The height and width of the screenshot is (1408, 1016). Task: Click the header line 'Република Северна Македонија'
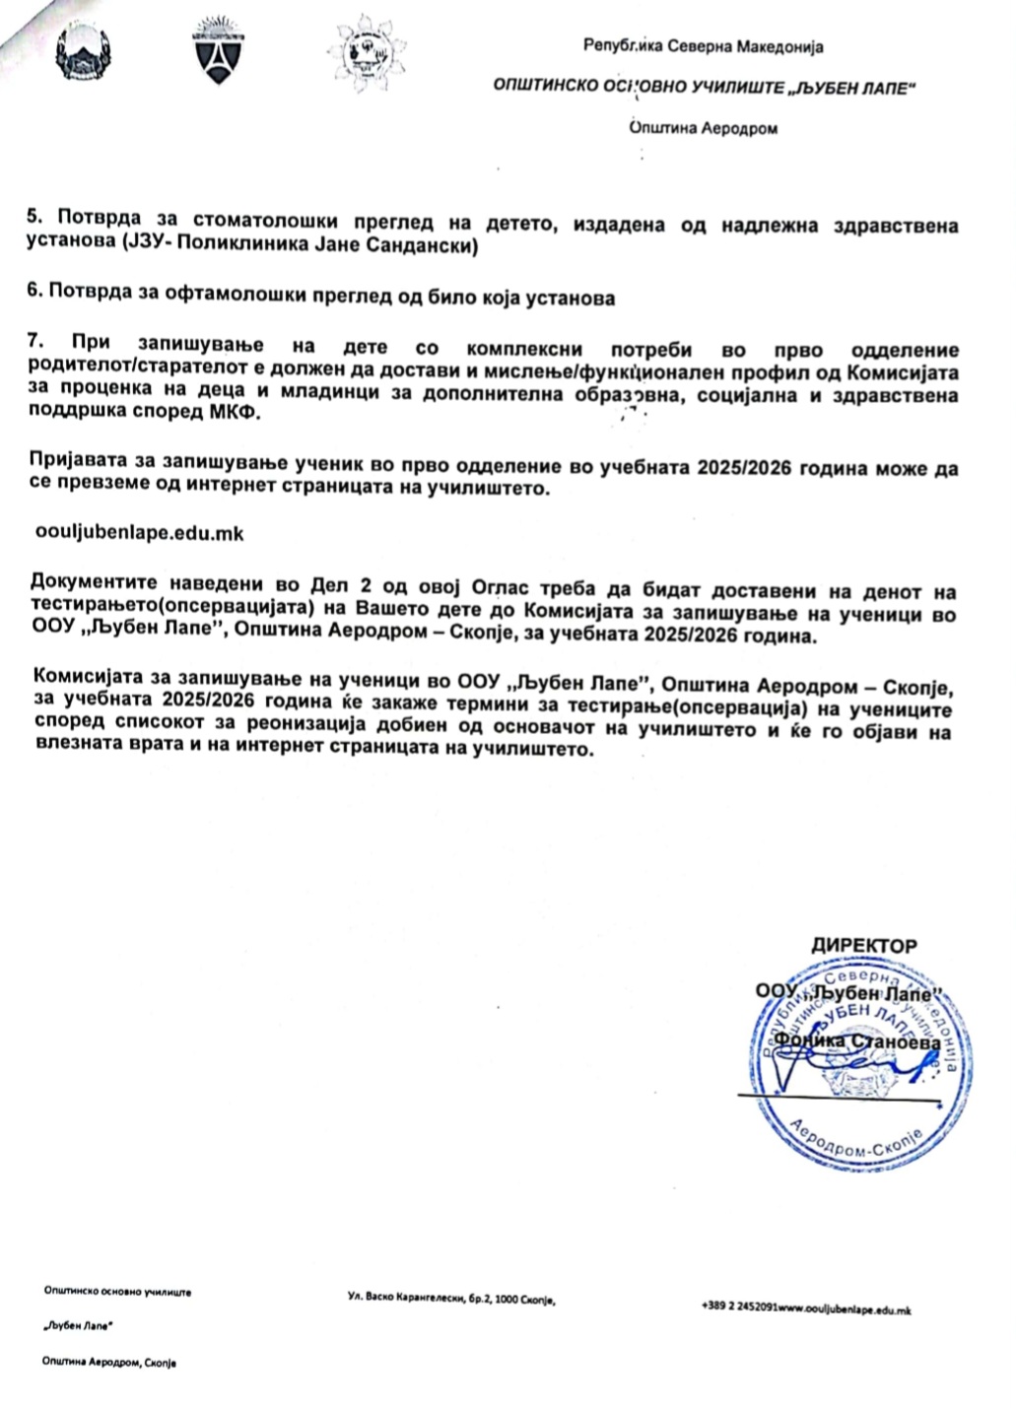point(704,45)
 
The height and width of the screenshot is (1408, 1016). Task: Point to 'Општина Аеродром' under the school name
point(704,128)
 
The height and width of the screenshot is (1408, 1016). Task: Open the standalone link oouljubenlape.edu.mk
point(139,533)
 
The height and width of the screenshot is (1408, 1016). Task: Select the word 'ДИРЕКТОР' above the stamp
point(863,946)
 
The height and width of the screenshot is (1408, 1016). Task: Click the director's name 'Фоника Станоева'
point(857,1040)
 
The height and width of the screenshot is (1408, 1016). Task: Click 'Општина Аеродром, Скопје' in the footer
point(109,1362)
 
